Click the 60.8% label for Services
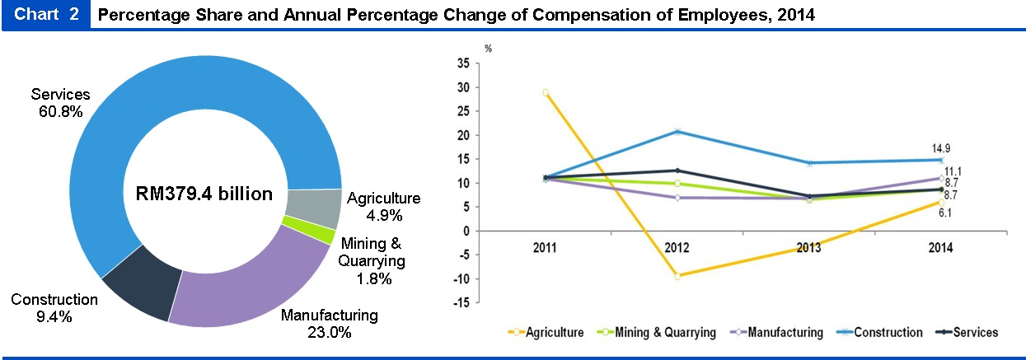click(x=60, y=111)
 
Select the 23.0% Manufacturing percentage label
click(x=330, y=333)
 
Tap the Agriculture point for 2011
click(x=545, y=93)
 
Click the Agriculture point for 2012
click(x=677, y=276)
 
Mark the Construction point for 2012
click(x=677, y=132)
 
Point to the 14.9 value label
click(x=941, y=148)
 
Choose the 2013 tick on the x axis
click(x=809, y=248)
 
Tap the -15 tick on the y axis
click(x=461, y=302)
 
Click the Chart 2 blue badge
click(x=47, y=16)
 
